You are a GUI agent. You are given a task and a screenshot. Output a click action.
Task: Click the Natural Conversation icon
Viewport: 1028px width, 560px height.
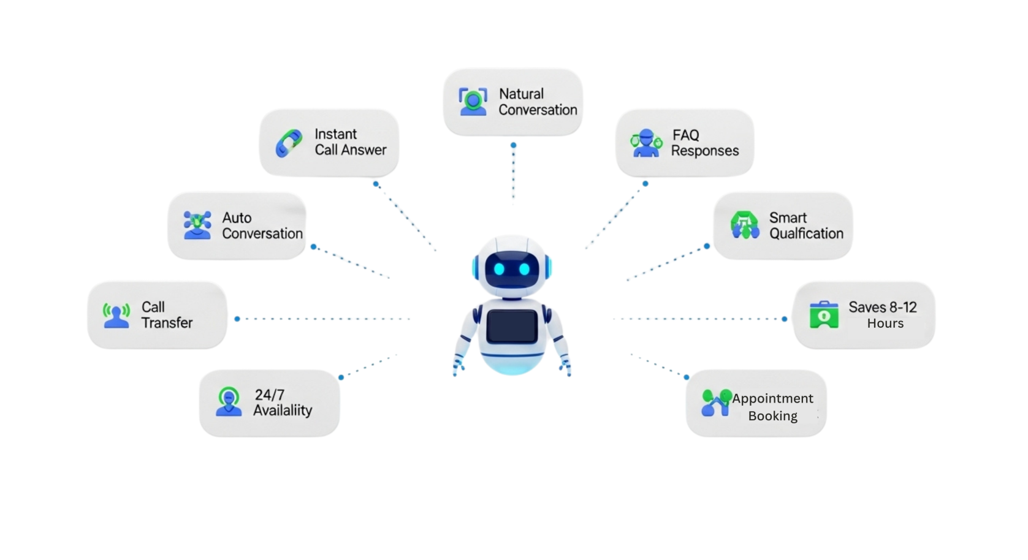pyautogui.click(x=473, y=101)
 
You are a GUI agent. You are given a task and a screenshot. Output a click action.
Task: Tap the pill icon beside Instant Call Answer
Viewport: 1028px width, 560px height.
pyautogui.click(x=289, y=143)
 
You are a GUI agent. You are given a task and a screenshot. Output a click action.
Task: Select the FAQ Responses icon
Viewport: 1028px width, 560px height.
pyautogui.click(x=646, y=143)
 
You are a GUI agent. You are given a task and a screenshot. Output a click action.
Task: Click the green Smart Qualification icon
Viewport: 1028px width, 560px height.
pyautogui.click(x=745, y=225)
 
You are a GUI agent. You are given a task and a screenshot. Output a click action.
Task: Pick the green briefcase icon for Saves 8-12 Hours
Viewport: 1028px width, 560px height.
pyautogui.click(x=824, y=314)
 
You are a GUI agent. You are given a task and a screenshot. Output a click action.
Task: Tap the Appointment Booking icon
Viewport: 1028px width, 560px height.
pyautogui.click(x=716, y=403)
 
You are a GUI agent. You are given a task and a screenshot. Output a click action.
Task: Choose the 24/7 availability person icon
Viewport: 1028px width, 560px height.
pyautogui.click(x=229, y=402)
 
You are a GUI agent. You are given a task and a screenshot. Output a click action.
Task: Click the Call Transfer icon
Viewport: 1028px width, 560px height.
pyautogui.click(x=116, y=315)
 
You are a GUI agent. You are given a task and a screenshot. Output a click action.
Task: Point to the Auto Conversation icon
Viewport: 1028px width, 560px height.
pyautogui.click(x=197, y=225)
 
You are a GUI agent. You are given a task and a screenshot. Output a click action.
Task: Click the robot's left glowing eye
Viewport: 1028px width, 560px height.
pyautogui.click(x=499, y=269)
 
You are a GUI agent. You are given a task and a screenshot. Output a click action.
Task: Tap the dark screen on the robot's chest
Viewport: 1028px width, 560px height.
pyautogui.click(x=512, y=326)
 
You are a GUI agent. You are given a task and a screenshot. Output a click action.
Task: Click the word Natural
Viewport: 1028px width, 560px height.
pyautogui.click(x=521, y=94)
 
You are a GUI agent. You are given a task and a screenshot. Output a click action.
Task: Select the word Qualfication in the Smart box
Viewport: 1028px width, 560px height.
pyautogui.click(x=806, y=233)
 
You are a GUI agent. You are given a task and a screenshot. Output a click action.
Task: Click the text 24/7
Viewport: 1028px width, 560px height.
pyautogui.click(x=270, y=395)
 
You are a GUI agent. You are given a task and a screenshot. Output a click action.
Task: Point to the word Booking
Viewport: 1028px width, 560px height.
pyautogui.click(x=772, y=416)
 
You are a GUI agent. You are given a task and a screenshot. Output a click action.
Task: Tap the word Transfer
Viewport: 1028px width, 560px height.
pyautogui.click(x=167, y=323)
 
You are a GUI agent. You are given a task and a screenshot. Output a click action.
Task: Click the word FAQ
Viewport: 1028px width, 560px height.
pyautogui.click(x=685, y=135)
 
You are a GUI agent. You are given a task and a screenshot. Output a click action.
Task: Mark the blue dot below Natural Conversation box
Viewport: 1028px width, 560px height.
pyautogui.click(x=514, y=145)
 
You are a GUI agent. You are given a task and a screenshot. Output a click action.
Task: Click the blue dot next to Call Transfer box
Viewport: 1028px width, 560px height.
pyautogui.click(x=237, y=319)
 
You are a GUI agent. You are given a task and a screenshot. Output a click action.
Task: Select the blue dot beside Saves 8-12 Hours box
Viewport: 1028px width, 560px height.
pyautogui.click(x=785, y=319)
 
